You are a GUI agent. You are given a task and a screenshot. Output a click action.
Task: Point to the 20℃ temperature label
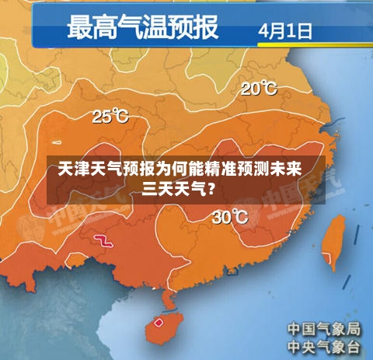point(258,89)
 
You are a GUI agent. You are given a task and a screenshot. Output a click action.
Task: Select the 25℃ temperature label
point(111,117)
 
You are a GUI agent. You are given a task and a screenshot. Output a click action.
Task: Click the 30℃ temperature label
point(230,218)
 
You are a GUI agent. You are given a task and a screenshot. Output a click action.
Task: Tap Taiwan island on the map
point(333,242)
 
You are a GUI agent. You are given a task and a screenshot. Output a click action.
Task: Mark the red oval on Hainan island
point(159,321)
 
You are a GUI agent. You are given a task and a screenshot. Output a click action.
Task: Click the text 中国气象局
point(324,327)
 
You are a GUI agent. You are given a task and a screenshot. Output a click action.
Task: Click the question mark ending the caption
point(212,187)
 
